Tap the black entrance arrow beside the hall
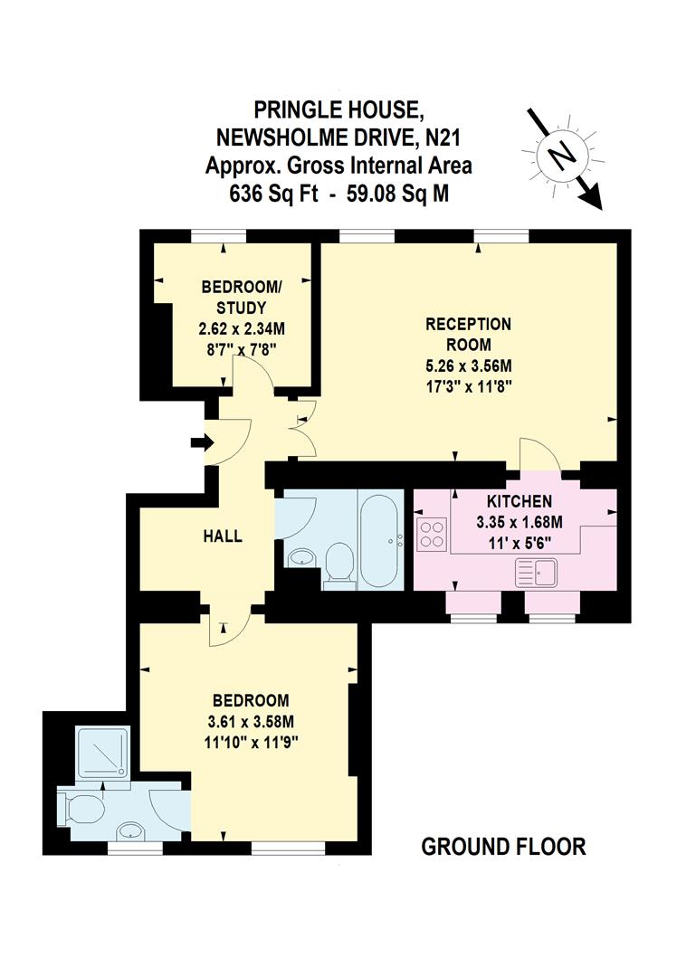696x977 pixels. pyautogui.click(x=200, y=442)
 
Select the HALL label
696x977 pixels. pyautogui.click(x=222, y=536)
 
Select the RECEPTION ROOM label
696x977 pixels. pyautogui.click(x=469, y=334)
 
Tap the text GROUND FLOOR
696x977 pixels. pyautogui.click(x=504, y=847)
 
